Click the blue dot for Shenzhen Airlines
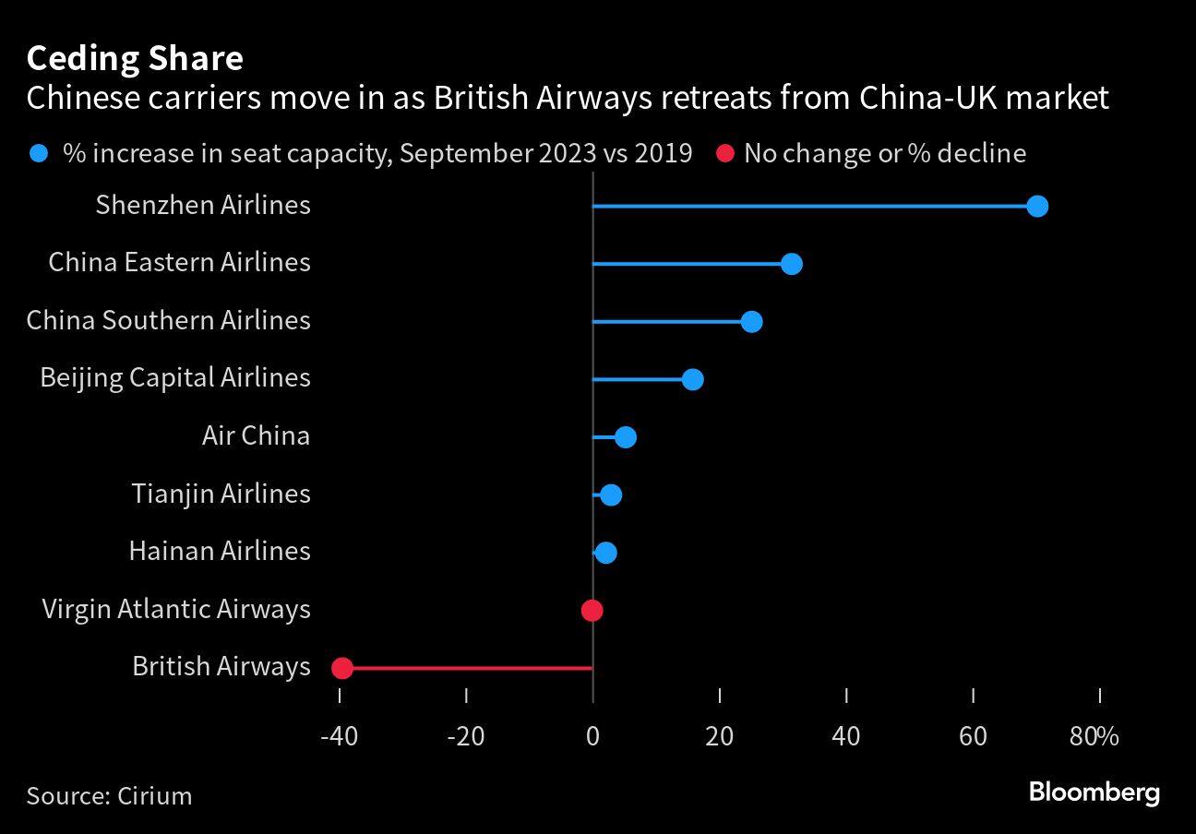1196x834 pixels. pyautogui.click(x=1037, y=206)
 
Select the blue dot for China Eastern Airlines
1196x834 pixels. pyautogui.click(x=791, y=264)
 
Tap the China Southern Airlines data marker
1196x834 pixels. pyautogui.click(x=751, y=321)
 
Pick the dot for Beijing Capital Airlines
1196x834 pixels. pyautogui.click(x=692, y=379)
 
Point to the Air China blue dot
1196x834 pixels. pyautogui.click(x=625, y=436)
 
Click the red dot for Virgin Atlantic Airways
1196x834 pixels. pyautogui.click(x=592, y=610)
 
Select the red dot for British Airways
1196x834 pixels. pyautogui.click(x=341, y=668)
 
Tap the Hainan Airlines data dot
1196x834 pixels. pyautogui.click(x=605, y=553)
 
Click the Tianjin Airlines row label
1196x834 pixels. pyautogui.click(x=221, y=494)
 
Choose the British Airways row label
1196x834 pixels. pyautogui.click(x=221, y=666)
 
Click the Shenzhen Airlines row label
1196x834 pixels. pyautogui.click(x=203, y=205)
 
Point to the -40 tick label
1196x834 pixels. pyautogui.click(x=339, y=736)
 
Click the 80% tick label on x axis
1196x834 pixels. pyautogui.click(x=1094, y=736)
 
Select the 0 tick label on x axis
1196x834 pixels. pyautogui.click(x=592, y=736)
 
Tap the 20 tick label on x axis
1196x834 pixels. pyautogui.click(x=719, y=736)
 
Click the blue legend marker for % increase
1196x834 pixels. pyautogui.click(x=38, y=153)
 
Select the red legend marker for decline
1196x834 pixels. pyautogui.click(x=725, y=153)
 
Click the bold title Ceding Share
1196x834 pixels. pyautogui.click(x=135, y=58)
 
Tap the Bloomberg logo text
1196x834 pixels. pyautogui.click(x=1094, y=792)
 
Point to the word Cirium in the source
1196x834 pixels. pyautogui.click(x=155, y=795)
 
